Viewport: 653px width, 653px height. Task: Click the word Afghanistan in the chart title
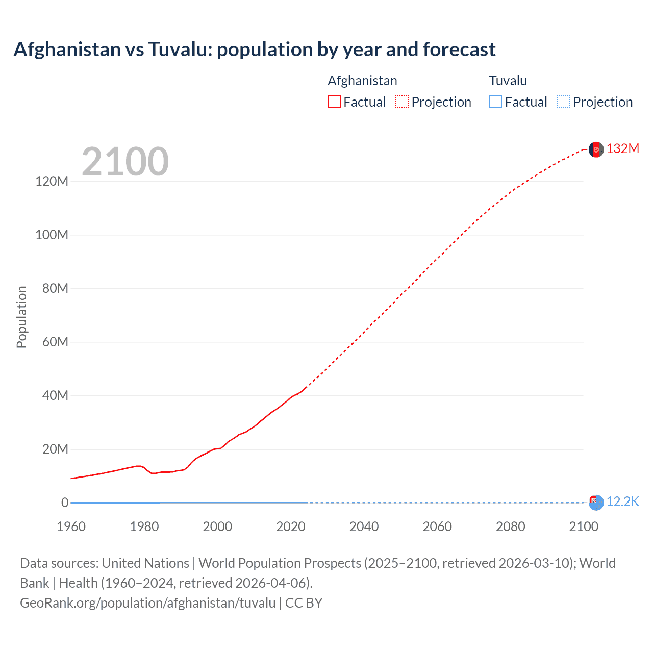[66, 49]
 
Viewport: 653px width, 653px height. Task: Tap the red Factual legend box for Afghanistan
[334, 102]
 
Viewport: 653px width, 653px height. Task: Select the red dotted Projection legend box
[402, 102]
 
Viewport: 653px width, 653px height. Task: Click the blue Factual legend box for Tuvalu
[495, 102]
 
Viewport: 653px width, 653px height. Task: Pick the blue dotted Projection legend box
[564, 102]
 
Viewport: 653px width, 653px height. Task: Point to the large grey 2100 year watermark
[125, 162]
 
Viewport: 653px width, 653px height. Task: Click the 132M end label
[622, 148]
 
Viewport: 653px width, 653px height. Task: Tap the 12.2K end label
[622, 501]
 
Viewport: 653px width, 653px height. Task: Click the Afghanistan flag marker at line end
[596, 149]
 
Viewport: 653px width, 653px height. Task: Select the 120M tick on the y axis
[52, 181]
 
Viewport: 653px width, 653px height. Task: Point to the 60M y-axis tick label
[55, 342]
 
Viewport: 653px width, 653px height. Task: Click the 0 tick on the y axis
[64, 503]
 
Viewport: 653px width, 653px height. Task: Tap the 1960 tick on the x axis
[71, 526]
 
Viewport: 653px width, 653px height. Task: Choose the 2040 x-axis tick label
[364, 526]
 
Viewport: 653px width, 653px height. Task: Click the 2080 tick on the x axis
[510, 526]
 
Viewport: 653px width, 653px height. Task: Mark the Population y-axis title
[21, 317]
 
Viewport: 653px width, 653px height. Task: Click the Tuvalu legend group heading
[508, 81]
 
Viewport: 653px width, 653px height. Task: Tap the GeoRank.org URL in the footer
[147, 602]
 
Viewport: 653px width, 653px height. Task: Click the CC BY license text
[304, 602]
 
